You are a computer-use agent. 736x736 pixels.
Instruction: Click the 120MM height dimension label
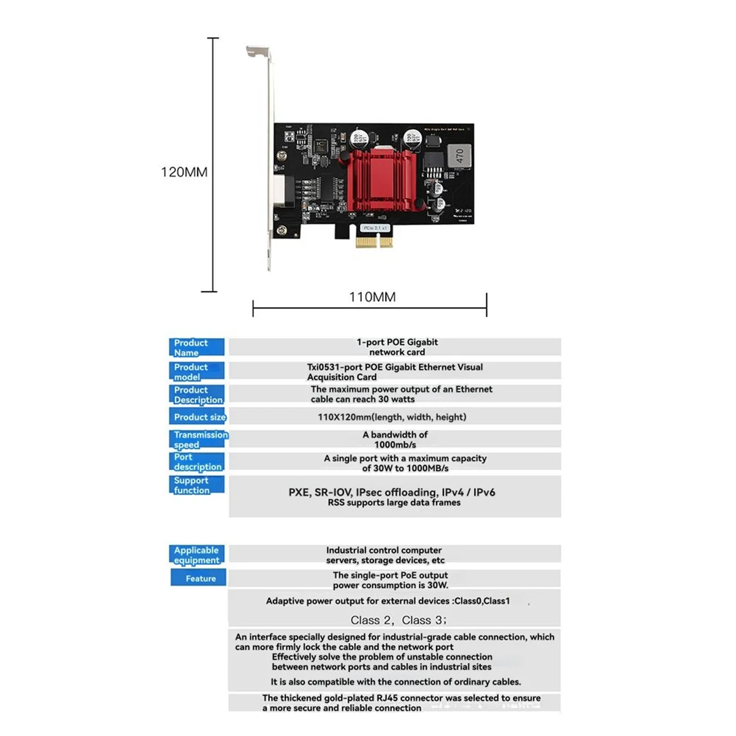[x=184, y=172]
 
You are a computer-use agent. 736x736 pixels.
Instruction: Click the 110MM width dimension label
[x=372, y=297]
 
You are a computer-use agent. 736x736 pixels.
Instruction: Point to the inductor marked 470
[x=459, y=157]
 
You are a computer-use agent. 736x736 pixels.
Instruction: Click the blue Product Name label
[x=196, y=348]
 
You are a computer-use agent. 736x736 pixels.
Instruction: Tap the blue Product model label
[x=196, y=372]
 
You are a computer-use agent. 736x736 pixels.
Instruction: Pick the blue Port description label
[x=196, y=462]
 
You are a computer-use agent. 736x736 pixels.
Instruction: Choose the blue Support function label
[x=196, y=485]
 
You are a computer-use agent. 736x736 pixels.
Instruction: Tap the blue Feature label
[x=199, y=578]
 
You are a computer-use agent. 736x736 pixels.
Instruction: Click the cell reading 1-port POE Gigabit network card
[x=396, y=347]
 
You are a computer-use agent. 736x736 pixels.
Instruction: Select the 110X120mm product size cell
[x=392, y=417]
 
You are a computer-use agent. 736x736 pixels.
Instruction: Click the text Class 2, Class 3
[x=399, y=620]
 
